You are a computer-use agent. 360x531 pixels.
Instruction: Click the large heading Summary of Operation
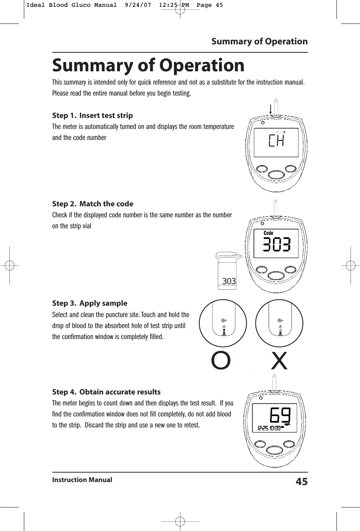click(148, 66)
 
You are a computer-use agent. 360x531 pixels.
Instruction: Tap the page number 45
click(301, 482)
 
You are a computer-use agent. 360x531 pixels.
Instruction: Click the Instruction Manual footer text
click(82, 480)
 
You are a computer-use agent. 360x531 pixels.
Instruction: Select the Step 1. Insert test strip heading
click(92, 115)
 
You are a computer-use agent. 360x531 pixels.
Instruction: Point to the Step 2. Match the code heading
click(92, 204)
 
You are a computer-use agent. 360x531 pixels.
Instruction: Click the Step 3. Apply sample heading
click(89, 303)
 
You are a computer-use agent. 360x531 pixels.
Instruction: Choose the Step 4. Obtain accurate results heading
click(106, 392)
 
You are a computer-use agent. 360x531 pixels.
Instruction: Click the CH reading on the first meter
click(276, 141)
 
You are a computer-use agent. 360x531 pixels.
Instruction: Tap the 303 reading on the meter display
click(277, 245)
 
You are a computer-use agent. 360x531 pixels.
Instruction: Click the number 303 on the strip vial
click(229, 281)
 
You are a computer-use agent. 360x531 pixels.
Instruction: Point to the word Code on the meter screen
click(268, 233)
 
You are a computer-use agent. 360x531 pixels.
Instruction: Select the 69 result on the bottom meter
click(280, 415)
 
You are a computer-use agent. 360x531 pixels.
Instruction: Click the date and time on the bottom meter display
click(269, 428)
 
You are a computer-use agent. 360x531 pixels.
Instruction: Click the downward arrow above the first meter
click(270, 108)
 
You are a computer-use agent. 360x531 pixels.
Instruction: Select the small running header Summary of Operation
click(259, 41)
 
